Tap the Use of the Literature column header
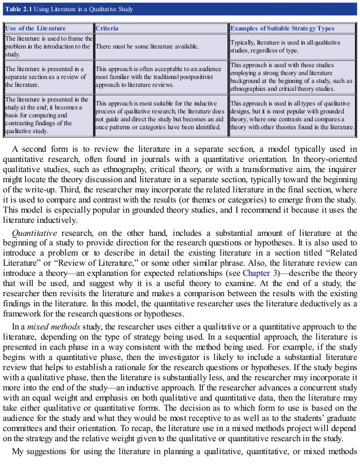tap(34, 28)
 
